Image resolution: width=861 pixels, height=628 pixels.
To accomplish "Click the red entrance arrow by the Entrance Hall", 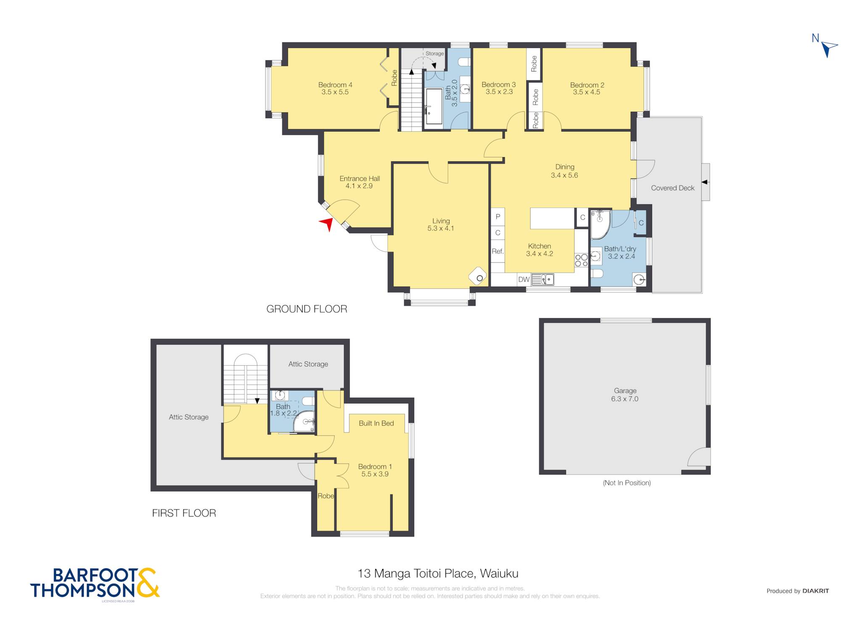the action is [x=327, y=224].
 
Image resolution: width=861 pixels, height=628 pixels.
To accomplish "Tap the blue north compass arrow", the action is [x=829, y=49].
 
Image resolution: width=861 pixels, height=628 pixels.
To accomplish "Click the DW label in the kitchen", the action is [x=524, y=280].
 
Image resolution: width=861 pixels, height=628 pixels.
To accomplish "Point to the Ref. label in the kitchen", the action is [x=498, y=251].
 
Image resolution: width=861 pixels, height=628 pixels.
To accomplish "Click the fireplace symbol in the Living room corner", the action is [x=478, y=277].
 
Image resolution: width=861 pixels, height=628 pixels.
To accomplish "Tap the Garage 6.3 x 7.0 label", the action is [x=625, y=395].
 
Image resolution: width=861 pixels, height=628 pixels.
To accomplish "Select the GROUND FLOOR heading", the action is [x=307, y=309].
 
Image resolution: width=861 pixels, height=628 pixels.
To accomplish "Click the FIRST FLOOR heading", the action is [x=184, y=513].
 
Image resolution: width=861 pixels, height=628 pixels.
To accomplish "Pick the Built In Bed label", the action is [x=376, y=423].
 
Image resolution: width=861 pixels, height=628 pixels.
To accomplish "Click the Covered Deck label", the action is [x=673, y=188].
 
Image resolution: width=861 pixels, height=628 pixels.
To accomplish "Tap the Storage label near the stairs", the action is [x=435, y=53].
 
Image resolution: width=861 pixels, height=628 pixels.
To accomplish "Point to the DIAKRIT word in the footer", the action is [x=816, y=591].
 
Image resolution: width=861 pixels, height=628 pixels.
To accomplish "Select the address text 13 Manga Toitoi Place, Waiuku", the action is [x=438, y=573].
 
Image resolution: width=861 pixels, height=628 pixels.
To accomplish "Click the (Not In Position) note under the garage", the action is [x=627, y=483].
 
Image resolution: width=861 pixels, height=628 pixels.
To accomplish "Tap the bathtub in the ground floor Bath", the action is [x=434, y=106].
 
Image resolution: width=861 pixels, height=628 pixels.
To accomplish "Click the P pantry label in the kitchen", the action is [x=498, y=216].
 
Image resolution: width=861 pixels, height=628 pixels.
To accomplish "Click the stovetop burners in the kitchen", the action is [x=581, y=260].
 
